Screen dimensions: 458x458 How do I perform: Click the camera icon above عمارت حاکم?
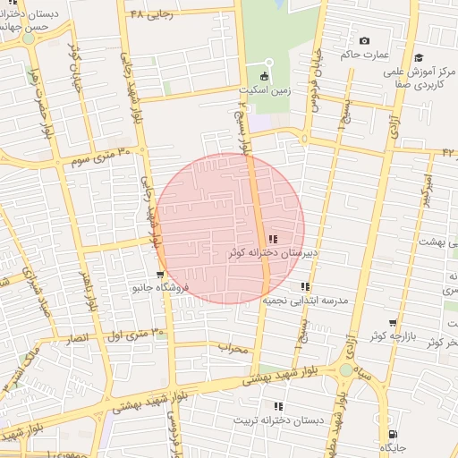(364, 41)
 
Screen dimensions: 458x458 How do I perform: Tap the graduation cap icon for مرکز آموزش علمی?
(418, 58)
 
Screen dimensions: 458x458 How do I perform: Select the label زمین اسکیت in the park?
(264, 90)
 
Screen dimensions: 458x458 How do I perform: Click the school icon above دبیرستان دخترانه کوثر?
(272, 239)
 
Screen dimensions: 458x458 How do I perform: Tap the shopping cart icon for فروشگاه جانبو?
(159, 275)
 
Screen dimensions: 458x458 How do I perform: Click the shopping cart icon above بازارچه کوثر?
(392, 323)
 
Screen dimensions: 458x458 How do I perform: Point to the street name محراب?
(233, 348)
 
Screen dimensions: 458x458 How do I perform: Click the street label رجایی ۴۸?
(148, 15)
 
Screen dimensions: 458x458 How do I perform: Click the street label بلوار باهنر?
(86, 288)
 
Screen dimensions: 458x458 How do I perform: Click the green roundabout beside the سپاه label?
(345, 370)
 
